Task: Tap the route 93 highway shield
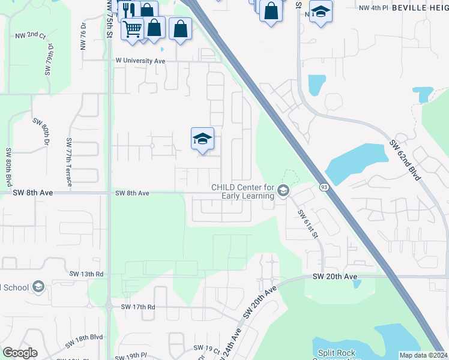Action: [x=323, y=187]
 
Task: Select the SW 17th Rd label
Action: [x=138, y=307]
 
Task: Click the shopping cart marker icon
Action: [x=132, y=28]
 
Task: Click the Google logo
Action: [x=20, y=353]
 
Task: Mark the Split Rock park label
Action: [x=334, y=353]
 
